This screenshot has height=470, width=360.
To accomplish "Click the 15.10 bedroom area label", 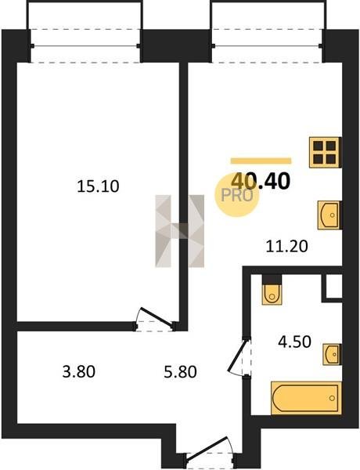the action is (x=98, y=186).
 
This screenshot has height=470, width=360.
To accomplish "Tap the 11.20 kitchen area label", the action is (x=287, y=247).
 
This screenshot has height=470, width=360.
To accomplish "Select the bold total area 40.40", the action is (x=261, y=181).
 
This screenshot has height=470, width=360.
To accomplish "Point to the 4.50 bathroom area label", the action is (x=294, y=342).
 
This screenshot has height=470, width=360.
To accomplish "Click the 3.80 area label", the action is (x=79, y=371).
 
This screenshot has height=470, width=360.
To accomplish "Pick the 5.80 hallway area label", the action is (x=180, y=371).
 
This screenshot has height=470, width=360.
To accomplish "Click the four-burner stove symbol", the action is (x=325, y=152).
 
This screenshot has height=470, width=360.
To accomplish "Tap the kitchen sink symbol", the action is (x=329, y=215).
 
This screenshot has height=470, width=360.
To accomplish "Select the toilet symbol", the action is (x=272, y=290).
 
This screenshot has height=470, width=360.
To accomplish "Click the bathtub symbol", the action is (x=306, y=398).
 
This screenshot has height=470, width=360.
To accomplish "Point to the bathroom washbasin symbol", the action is (x=332, y=355).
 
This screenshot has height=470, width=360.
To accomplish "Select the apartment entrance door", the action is (x=210, y=450).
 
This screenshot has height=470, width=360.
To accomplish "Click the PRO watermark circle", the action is (x=236, y=195).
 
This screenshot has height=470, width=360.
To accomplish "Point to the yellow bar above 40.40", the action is (x=261, y=161).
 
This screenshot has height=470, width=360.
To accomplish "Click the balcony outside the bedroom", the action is (x=85, y=31).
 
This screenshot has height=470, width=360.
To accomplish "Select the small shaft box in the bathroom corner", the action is (x=332, y=286).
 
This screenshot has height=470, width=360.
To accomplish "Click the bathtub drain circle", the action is (x=332, y=398).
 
